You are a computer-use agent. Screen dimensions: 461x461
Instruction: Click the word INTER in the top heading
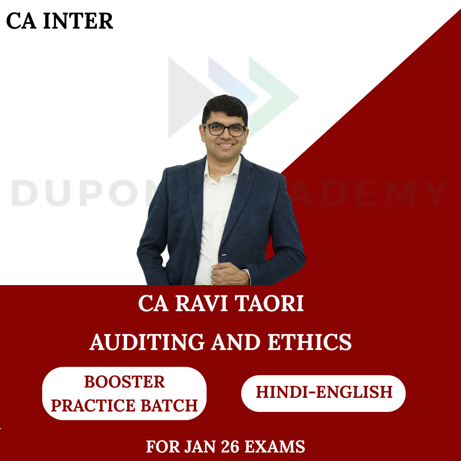[79, 21]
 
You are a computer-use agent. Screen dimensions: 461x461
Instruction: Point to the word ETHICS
[310, 342]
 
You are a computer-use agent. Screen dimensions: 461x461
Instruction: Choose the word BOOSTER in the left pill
[124, 382]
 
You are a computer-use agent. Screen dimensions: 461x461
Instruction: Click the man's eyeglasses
[224, 129]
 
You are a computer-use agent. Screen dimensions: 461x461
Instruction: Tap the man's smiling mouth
[225, 146]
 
